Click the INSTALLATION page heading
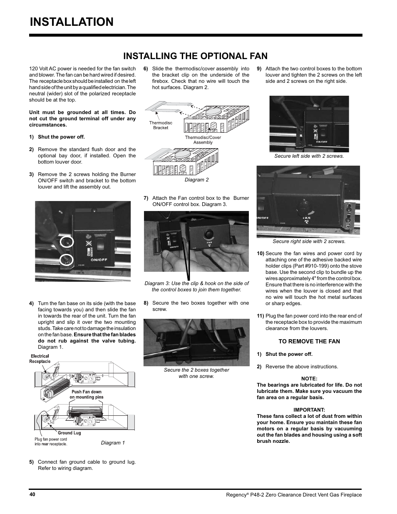click(72, 22)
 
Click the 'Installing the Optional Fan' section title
click(189, 56)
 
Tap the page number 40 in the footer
click(32, 494)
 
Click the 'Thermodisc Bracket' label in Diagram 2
click(161, 125)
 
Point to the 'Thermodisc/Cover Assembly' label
click(203, 140)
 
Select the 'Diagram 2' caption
click(196, 180)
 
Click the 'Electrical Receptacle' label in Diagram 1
click(40, 359)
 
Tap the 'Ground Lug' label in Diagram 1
click(69, 433)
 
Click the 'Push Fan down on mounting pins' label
click(86, 395)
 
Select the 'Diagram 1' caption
click(113, 443)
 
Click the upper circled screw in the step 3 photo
click(67, 241)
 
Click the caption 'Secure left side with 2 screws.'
click(309, 156)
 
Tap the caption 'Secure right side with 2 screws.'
click(309, 241)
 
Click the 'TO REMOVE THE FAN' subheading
click(309, 341)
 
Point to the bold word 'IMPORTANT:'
click(309, 410)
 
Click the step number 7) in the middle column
click(146, 198)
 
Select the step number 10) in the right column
click(260, 253)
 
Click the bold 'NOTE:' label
click(309, 378)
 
